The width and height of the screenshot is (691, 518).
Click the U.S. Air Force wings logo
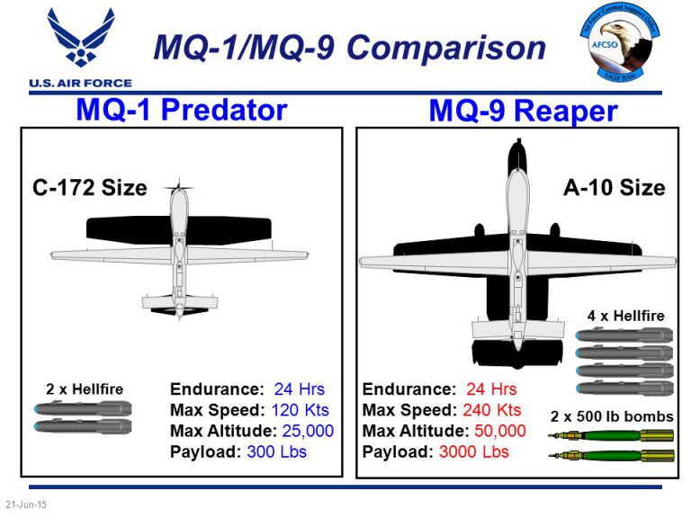(x=80, y=40)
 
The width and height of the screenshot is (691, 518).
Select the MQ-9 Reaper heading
(x=523, y=111)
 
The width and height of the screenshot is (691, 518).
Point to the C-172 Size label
(x=89, y=188)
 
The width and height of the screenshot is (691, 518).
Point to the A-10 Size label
(x=614, y=188)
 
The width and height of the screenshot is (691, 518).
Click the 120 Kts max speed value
(x=301, y=410)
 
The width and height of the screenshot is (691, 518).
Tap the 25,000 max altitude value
(x=308, y=431)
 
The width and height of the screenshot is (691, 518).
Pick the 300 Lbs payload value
(x=277, y=451)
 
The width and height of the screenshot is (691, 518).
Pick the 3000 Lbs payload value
(x=473, y=451)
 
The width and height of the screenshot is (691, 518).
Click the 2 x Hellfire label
(x=85, y=389)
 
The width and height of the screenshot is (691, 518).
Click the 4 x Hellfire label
(x=625, y=316)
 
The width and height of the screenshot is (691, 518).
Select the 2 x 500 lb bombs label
(x=612, y=416)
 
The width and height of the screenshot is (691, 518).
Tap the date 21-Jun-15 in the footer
(x=26, y=505)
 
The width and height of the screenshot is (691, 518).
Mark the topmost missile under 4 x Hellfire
(x=624, y=335)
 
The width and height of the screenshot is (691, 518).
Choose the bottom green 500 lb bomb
(x=612, y=456)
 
